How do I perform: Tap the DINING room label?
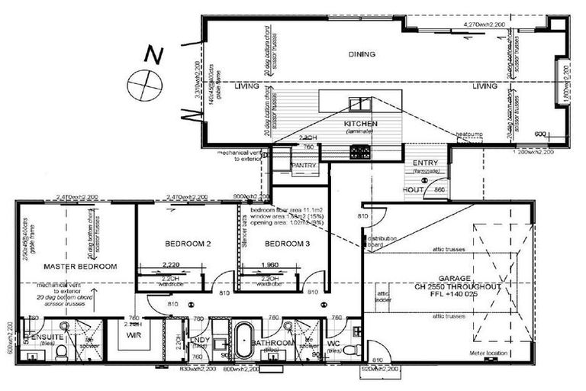coord(362,54)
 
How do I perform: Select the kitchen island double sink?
coord(356,105)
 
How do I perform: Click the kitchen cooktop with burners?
coord(360,152)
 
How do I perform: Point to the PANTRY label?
coord(304,163)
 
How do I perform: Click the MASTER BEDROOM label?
coord(79,267)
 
